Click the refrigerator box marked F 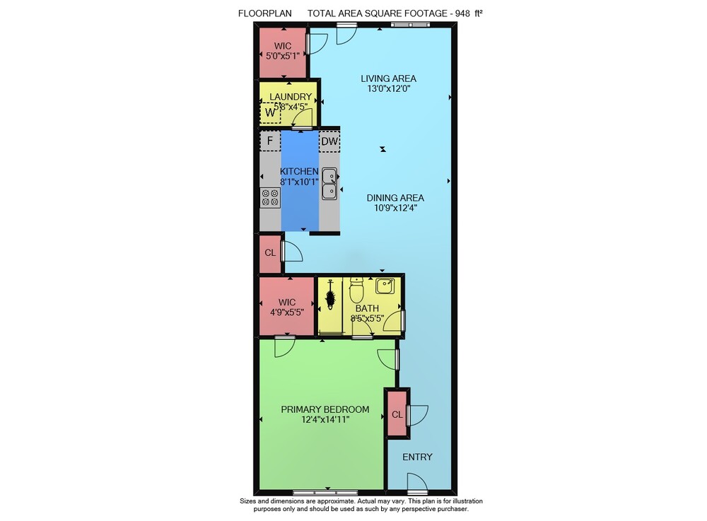(x=270, y=141)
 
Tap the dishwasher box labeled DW (x=329, y=141)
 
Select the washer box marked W (x=270, y=112)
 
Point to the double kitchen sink (x=329, y=183)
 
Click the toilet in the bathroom (x=356, y=291)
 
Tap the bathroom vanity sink (x=385, y=286)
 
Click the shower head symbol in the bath (x=330, y=295)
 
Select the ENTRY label (x=418, y=457)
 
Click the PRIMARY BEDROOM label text (x=325, y=409)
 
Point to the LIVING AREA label (x=388, y=78)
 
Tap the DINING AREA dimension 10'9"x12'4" (x=395, y=209)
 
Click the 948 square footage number (x=462, y=13)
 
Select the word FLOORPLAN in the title (x=264, y=13)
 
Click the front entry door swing (x=417, y=482)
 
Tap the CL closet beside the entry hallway (x=397, y=414)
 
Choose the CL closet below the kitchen (x=270, y=253)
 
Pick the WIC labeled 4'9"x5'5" (x=287, y=307)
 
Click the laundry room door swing (x=303, y=119)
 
